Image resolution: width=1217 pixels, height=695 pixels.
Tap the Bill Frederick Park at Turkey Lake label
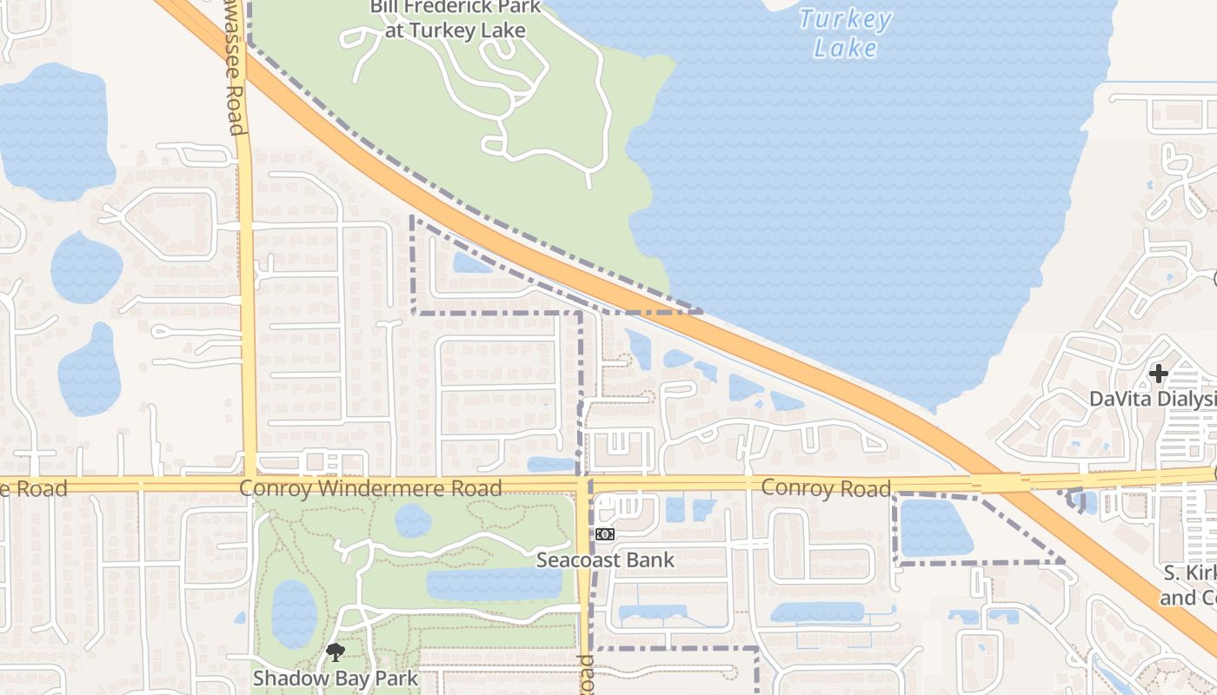pos(455,19)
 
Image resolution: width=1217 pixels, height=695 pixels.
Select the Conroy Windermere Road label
pos(370,488)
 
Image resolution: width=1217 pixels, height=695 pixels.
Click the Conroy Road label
pos(826,488)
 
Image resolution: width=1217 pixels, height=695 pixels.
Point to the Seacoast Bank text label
pos(605,559)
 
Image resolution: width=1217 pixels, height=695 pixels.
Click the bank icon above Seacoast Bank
pos(605,534)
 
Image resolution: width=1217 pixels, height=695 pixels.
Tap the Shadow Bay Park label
pos(336,678)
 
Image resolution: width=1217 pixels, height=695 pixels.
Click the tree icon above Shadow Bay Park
pos(336,652)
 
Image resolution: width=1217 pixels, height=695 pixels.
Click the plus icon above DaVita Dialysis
pos(1158,374)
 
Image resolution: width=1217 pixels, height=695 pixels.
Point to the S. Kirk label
pos(1189,586)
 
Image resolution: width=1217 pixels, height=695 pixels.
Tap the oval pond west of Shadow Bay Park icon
pos(294,613)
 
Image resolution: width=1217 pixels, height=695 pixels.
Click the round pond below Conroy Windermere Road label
pos(412,520)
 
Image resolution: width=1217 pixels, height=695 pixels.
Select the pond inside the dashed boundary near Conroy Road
pos(934,528)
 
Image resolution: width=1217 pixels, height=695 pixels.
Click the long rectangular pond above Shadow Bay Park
pos(494,584)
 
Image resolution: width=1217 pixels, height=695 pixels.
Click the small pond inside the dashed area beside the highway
pos(472,262)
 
